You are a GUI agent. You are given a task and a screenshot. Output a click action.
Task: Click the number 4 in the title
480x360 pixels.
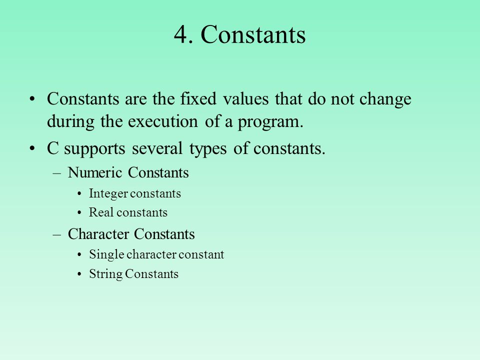180,34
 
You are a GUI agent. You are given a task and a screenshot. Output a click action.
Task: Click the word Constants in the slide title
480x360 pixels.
253,34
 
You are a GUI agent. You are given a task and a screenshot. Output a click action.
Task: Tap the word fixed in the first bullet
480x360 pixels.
198,98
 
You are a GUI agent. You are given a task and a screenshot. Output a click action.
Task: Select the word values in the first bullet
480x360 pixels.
246,99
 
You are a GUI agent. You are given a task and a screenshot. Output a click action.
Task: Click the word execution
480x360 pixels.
163,121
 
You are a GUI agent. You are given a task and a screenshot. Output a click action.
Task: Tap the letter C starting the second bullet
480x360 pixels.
52,148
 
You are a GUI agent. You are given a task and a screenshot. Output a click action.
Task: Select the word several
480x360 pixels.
157,148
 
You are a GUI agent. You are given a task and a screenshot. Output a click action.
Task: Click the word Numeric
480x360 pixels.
95,172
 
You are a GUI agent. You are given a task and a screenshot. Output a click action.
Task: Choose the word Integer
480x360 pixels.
108,194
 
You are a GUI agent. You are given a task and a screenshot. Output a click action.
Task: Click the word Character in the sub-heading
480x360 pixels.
98,234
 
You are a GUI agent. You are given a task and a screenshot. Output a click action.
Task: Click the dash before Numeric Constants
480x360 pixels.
56,173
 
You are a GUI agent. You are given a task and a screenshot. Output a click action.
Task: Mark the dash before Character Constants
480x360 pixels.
56,235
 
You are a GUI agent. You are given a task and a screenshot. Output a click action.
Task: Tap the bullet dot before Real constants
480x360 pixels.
79,213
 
